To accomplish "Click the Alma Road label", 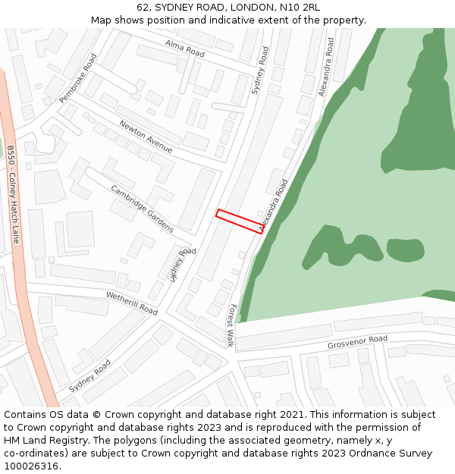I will point(185,49).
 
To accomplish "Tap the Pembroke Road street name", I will point(78,78).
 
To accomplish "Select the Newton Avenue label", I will point(146,137).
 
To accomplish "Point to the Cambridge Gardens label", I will point(142,209).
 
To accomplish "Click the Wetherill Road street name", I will point(131,303).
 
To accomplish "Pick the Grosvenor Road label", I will point(357,343).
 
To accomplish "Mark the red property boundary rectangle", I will point(240,221).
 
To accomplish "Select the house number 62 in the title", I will point(145,8).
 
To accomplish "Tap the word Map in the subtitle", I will point(102,20).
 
